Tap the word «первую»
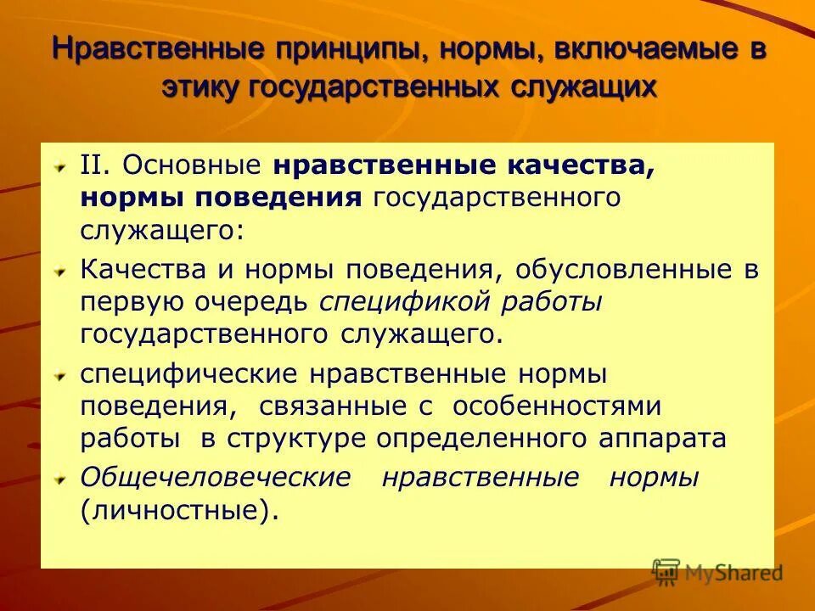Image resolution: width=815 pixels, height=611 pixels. click(x=129, y=302)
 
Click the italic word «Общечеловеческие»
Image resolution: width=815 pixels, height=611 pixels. click(x=215, y=478)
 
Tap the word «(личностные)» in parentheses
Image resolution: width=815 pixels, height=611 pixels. click(x=179, y=512)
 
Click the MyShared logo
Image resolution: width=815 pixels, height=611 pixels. click(x=717, y=573)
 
